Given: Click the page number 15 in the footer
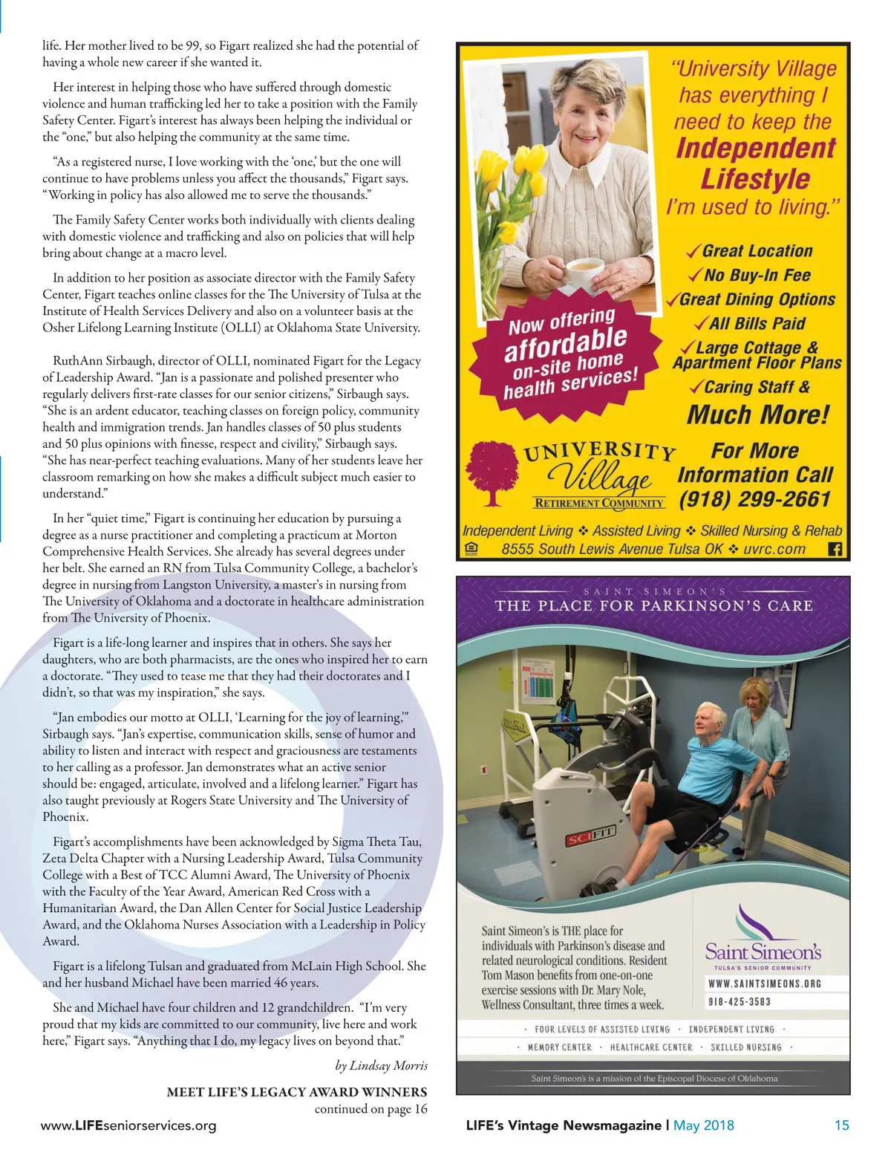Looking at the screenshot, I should coord(841,1125).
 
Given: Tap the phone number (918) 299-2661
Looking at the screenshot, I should coord(754,498).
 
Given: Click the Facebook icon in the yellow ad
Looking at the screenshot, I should coord(835,550).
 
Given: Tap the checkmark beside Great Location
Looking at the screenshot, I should coord(693,252).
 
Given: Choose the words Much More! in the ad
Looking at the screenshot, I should coord(757,414).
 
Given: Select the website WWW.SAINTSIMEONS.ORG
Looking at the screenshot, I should coord(764,983).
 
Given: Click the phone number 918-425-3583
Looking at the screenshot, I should coord(739,1002).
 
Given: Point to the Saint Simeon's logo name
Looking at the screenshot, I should coord(763,952).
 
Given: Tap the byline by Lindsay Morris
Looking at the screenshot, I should coord(381,1065).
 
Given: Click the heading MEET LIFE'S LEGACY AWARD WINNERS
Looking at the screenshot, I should coord(297,1092).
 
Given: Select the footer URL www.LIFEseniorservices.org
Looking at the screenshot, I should coord(128,1125).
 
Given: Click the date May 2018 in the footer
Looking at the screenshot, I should coord(703,1125).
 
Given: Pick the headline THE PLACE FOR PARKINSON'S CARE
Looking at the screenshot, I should coord(653,605).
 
